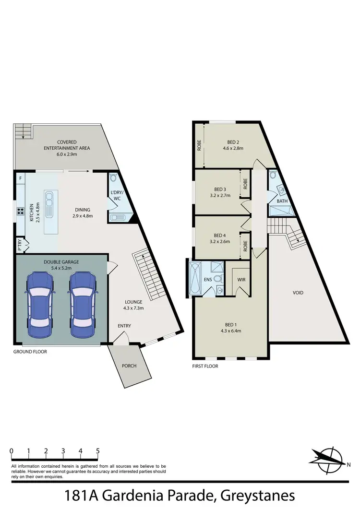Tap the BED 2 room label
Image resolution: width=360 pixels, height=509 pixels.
233,142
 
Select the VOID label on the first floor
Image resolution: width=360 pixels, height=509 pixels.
298,292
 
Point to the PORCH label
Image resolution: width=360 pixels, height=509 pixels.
129,366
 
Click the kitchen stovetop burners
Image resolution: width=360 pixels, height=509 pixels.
21,211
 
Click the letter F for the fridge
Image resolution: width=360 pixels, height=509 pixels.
20,178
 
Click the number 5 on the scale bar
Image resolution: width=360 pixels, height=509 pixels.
98,451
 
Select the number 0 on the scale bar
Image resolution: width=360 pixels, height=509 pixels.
11,451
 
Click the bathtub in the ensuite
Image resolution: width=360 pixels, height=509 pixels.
197,278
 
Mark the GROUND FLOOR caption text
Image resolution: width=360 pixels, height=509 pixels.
30,352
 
